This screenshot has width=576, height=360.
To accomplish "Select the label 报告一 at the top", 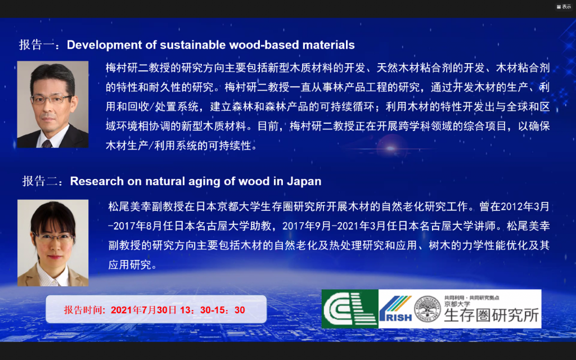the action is click(x=37, y=45).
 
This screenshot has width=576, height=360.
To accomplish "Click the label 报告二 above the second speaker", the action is click(x=40, y=181).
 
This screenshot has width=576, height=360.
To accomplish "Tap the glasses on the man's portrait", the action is click(x=51, y=99).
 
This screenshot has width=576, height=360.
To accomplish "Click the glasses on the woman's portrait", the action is click(x=53, y=238).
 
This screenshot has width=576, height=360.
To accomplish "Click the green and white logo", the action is click(x=350, y=309).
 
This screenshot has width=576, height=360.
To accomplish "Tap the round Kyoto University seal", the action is click(x=427, y=309).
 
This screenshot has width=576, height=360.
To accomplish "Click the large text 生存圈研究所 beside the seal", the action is click(x=492, y=315).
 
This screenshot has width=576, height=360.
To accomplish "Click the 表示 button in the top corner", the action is click(x=564, y=7).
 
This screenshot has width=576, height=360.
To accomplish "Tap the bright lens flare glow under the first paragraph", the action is click(x=391, y=148).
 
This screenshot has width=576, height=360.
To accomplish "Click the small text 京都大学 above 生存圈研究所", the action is click(x=457, y=304).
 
